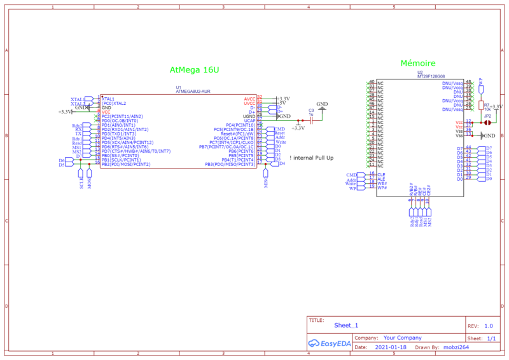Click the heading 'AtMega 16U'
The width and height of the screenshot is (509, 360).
194,69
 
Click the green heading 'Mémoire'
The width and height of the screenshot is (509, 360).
417,64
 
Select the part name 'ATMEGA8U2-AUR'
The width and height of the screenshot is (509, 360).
193,92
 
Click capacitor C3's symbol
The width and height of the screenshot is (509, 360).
311,120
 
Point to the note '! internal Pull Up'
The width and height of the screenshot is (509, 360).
311,158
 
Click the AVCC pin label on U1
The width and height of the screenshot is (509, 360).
249,99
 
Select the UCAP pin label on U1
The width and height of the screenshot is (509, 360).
249,121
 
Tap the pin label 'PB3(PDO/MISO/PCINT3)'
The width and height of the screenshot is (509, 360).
230,164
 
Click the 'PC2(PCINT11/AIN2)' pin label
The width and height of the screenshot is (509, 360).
122,116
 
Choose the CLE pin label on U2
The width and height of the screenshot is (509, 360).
382,174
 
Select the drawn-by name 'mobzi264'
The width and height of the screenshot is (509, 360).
456,348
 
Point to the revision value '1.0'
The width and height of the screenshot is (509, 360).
488,326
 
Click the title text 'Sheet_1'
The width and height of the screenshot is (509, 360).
346,325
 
